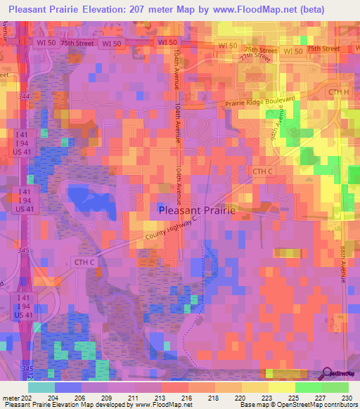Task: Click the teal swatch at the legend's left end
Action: tap(41, 387)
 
